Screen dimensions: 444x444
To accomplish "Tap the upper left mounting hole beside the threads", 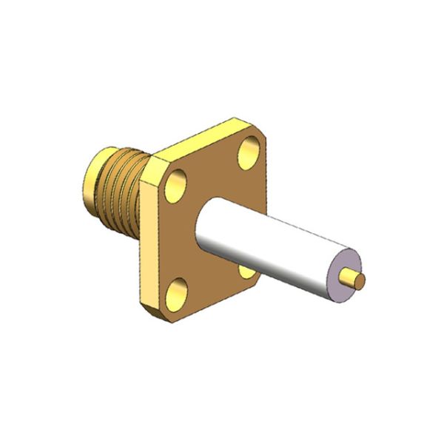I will point(178,184).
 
